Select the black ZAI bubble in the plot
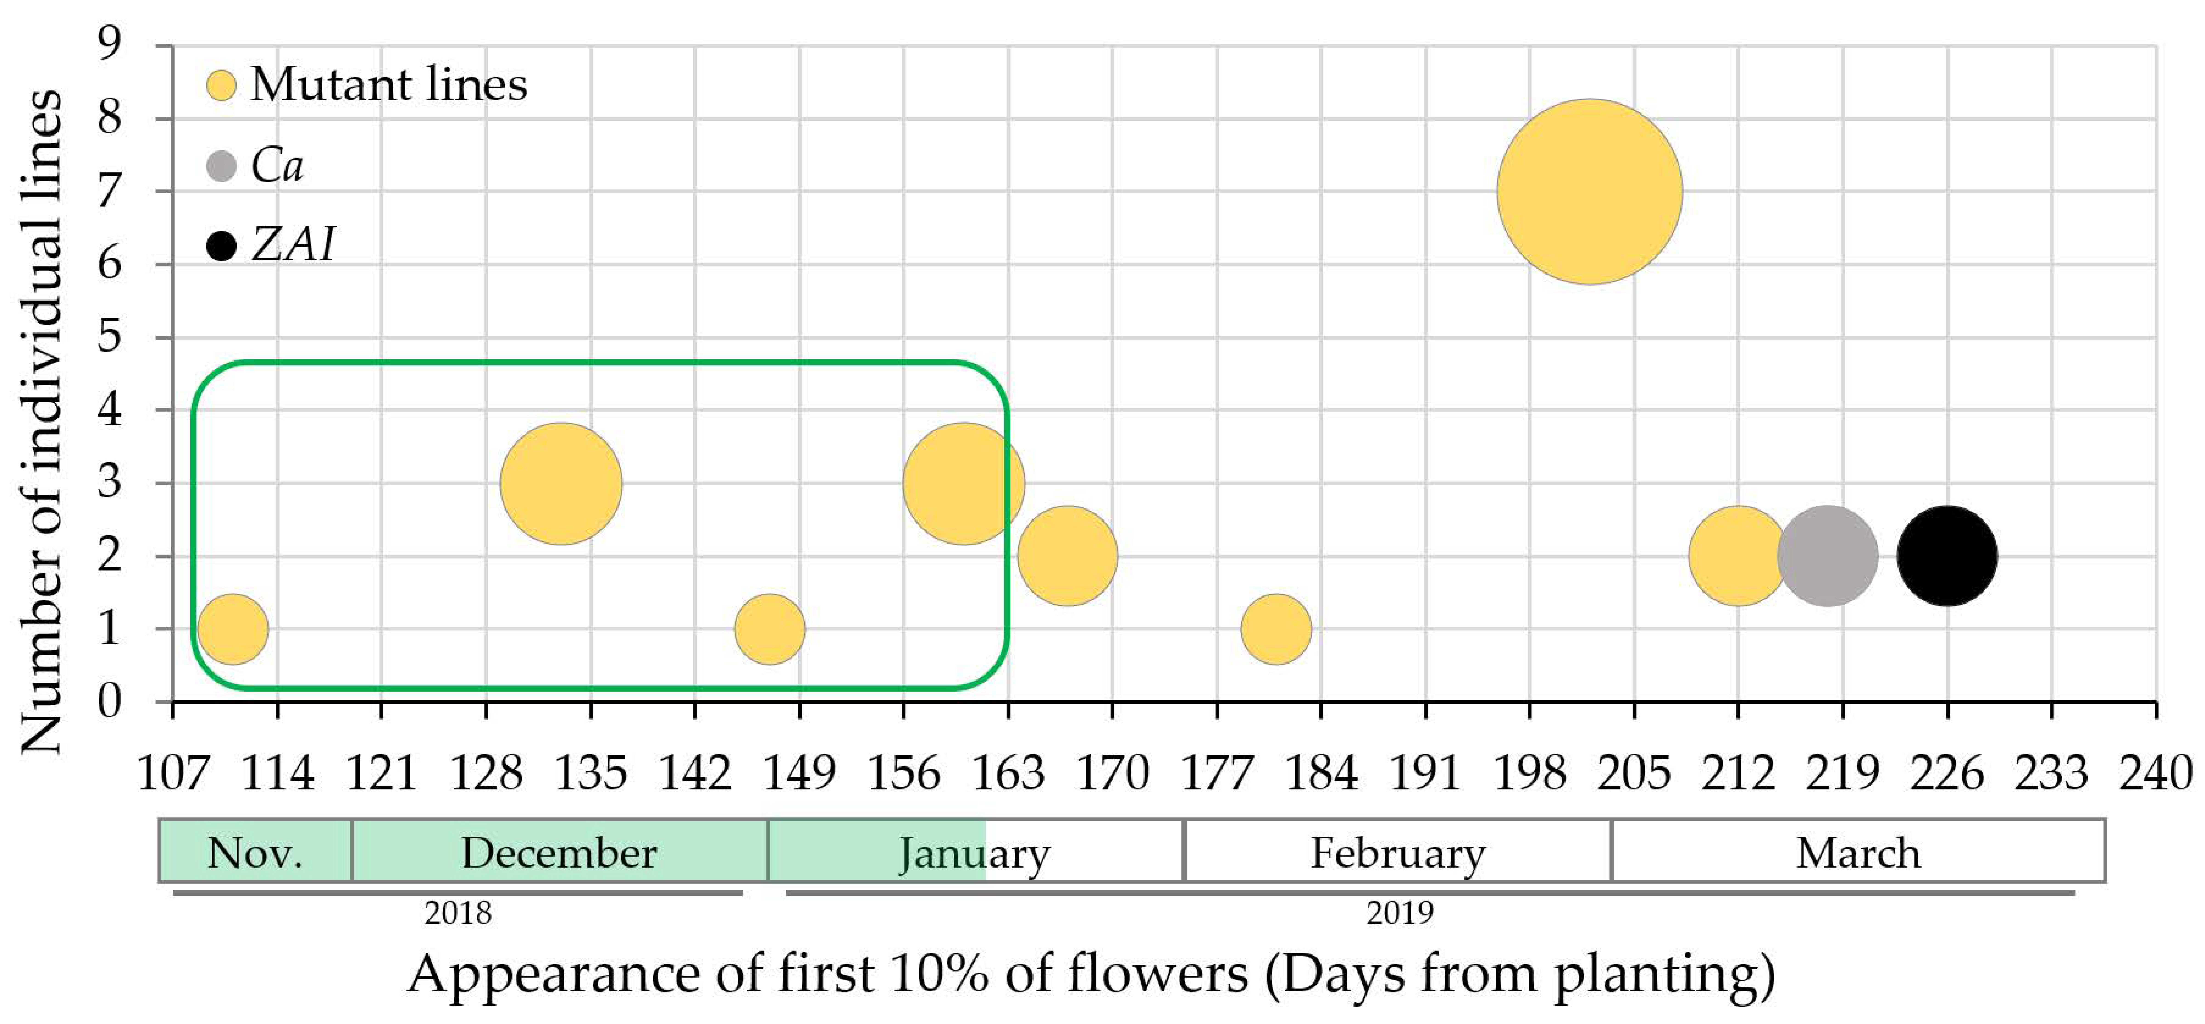(1947, 556)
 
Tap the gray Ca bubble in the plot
(1828, 556)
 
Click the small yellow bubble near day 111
(233, 628)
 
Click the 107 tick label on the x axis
(173, 773)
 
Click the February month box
(1398, 852)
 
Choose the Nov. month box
(255, 852)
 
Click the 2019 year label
(1399, 913)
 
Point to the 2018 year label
(458, 913)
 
